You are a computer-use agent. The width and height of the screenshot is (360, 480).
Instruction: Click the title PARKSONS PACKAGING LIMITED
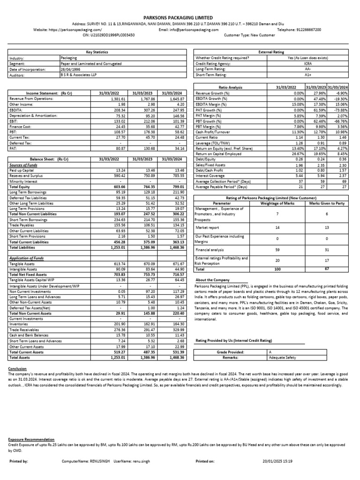(180, 17)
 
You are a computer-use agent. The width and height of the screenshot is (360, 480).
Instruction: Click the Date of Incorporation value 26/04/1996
(70, 69)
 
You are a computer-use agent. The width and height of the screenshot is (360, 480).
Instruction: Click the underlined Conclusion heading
(17, 368)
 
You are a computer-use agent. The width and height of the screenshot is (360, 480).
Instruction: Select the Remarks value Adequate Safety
(284, 357)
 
